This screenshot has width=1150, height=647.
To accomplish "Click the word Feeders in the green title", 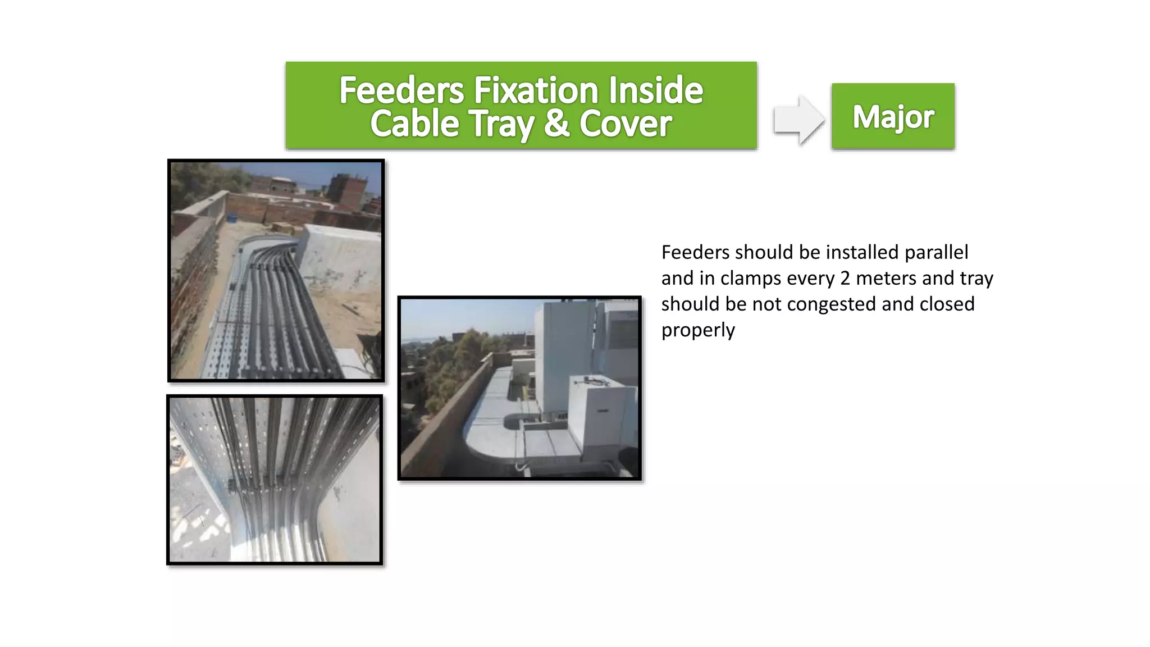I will [x=401, y=90].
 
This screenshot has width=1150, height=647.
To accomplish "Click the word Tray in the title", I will [x=501, y=124].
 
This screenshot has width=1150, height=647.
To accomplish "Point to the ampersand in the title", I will [x=556, y=124].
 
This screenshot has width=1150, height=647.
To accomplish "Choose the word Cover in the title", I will [x=626, y=124].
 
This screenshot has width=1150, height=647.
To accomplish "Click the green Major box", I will [x=893, y=116].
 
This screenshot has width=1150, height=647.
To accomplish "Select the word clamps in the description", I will [x=747, y=279].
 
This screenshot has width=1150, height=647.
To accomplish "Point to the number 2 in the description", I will [x=845, y=279].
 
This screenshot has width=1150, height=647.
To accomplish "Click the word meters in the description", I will [x=887, y=279].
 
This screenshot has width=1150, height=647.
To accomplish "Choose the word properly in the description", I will [x=698, y=330].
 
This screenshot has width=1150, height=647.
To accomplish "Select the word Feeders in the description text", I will [x=696, y=253].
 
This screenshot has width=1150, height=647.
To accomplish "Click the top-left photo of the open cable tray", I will [x=276, y=271].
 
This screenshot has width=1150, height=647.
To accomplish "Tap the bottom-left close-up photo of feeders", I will [x=275, y=480].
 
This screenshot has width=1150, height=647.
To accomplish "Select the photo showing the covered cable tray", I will [x=519, y=388].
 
